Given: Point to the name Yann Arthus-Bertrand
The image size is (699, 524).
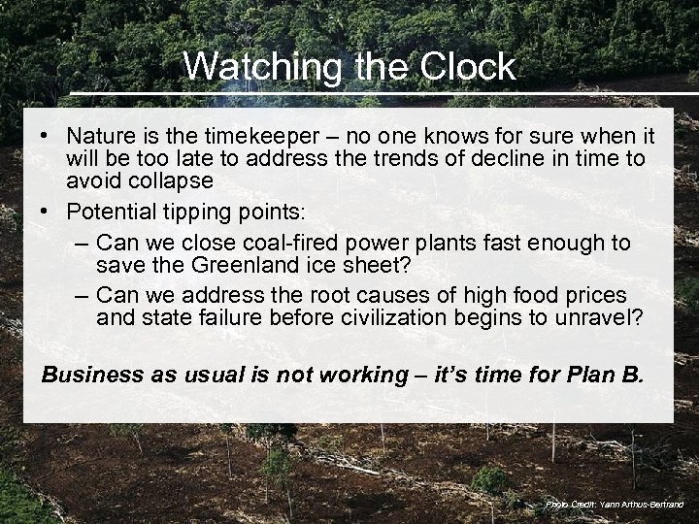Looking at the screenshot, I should pos(638,505).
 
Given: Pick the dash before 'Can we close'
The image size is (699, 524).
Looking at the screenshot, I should pos(82,242).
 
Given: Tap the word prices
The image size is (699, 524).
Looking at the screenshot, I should pos(591,294).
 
